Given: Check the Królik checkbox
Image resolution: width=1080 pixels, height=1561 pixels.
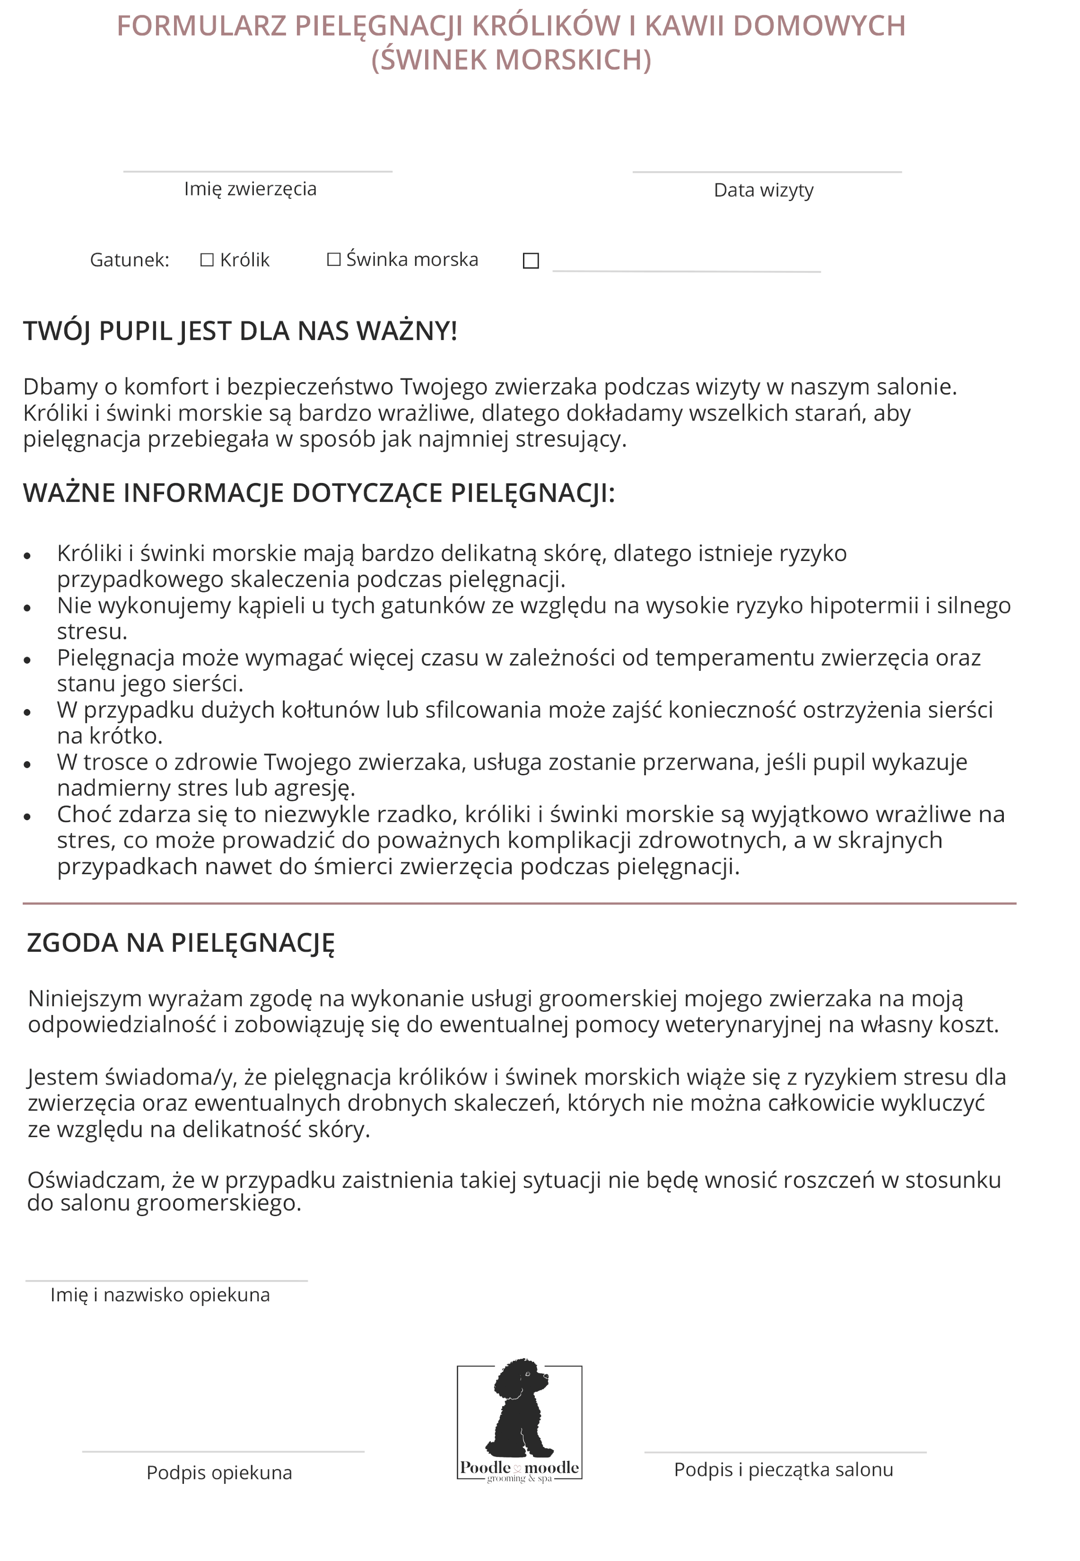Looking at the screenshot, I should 207,260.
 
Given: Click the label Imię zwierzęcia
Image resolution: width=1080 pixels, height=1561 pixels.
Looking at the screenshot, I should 250,189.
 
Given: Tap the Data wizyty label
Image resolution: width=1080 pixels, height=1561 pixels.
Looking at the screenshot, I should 763,190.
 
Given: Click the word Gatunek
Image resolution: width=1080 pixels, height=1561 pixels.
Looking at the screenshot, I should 129,260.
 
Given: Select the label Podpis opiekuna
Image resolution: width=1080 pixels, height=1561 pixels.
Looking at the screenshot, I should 219,1473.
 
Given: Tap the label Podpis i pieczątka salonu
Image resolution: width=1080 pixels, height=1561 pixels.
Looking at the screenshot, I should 784,1470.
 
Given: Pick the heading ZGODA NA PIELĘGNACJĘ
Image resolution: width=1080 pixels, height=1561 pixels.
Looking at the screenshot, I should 181,943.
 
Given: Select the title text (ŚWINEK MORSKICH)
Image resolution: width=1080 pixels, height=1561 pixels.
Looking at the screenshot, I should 512,60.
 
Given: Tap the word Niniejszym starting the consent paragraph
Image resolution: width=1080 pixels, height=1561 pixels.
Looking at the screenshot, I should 85,999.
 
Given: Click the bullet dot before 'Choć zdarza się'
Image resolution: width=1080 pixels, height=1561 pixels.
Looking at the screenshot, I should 27,817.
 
